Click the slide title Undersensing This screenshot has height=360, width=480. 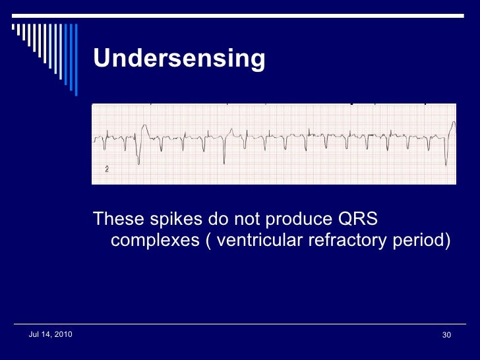coord(179,59)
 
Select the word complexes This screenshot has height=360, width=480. coord(154,241)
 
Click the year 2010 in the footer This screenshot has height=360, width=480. coord(63,335)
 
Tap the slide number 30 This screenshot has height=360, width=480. coord(446,336)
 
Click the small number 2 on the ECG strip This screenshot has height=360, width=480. coord(107,169)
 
